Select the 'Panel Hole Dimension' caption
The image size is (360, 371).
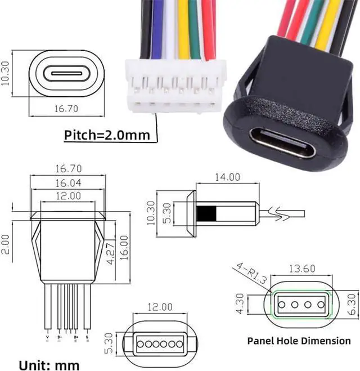click(x=299, y=340)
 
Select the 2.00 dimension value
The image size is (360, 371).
click(x=5, y=244)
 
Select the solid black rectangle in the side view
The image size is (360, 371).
click(x=206, y=214)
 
